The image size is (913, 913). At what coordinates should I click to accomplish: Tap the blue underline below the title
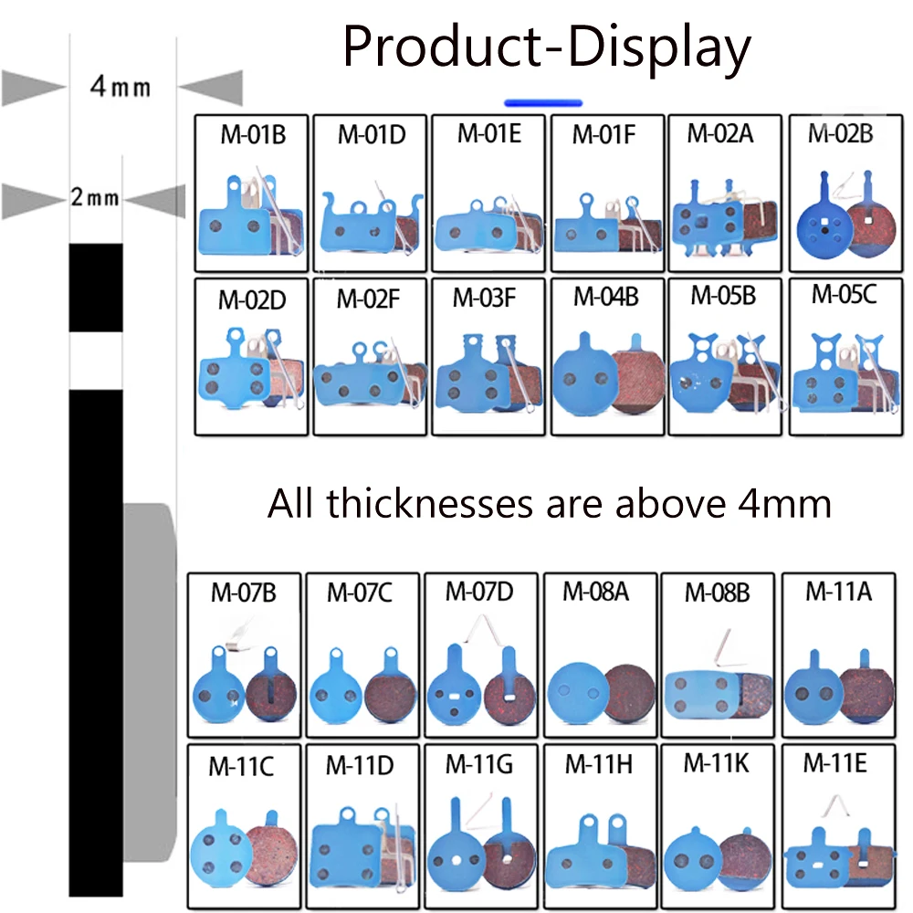coord(543,102)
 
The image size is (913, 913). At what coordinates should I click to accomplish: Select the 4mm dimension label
coord(121,88)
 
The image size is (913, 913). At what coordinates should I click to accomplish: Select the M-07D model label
coord(479,591)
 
